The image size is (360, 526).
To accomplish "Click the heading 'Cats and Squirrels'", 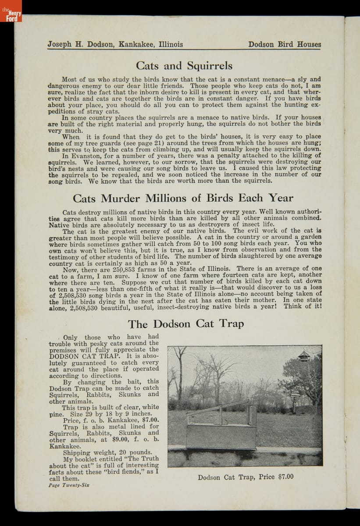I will coord(184,66).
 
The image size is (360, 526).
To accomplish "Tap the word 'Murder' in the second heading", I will coord(127,198).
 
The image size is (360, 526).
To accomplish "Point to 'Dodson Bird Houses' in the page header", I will coord(284,44).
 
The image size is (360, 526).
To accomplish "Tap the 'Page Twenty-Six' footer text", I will coord(69,485).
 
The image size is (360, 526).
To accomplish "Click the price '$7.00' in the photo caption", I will coord(286,477).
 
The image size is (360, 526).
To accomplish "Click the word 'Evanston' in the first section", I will coord(91,156).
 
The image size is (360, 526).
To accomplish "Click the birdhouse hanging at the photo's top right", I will coord(303,356).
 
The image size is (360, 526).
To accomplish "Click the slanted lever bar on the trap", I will coord(217,407).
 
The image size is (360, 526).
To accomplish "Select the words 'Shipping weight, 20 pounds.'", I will coord(107,452).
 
